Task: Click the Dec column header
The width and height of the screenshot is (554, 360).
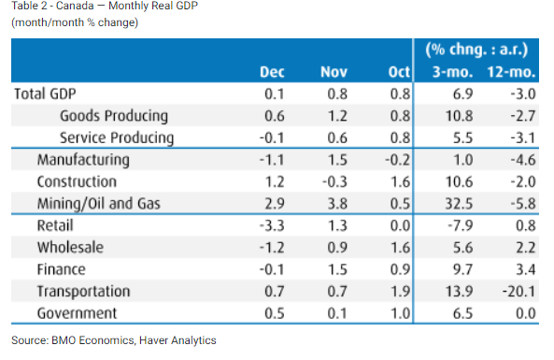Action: [272, 72]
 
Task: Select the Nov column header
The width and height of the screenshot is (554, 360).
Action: [334, 72]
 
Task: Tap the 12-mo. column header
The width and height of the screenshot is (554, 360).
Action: [511, 72]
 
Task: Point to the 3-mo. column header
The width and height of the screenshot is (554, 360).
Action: [452, 72]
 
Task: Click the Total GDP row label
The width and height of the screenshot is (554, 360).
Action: [45, 94]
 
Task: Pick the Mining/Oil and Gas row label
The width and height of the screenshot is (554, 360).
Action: [99, 204]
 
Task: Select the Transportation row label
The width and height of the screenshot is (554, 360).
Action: [84, 292]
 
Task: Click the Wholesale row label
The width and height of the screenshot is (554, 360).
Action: [70, 247]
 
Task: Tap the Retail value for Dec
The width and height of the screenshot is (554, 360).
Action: [272, 225]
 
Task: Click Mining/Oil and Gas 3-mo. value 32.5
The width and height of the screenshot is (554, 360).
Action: [459, 204]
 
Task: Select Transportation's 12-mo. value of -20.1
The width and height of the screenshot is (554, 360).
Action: [519, 292]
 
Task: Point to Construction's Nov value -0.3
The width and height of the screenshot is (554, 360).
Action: [334, 181]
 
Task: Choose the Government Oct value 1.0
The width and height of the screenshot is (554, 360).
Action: [400, 313]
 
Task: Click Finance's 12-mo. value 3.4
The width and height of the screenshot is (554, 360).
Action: [526, 269]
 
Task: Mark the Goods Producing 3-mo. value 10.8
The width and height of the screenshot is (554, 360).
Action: [459, 116]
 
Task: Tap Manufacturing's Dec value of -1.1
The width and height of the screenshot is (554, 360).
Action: [272, 160]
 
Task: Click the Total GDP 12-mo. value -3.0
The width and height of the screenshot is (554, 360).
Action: [523, 94]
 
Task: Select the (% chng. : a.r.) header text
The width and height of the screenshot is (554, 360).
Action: [476, 50]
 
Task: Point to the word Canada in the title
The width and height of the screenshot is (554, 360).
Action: [75, 6]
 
